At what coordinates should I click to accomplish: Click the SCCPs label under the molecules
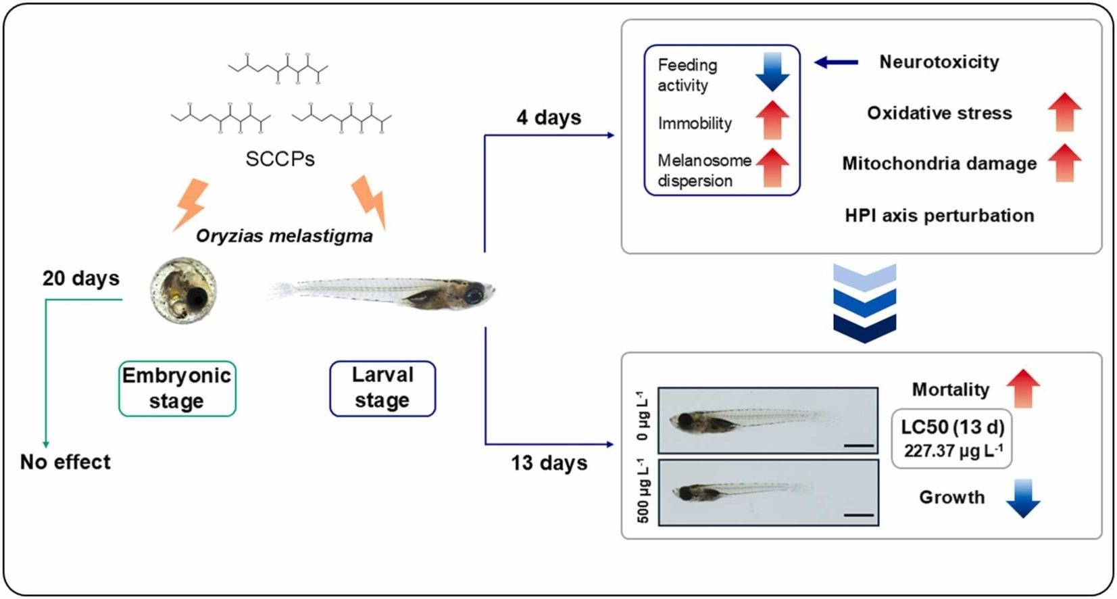click(280, 159)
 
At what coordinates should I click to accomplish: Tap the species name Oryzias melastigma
click(284, 236)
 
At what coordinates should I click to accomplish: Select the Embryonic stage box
click(177, 388)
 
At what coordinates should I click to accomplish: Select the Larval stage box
click(382, 388)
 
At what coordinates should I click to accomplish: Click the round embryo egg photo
click(183, 290)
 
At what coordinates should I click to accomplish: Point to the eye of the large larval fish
click(474, 294)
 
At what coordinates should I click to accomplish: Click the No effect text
click(65, 462)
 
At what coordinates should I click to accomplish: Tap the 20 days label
click(80, 278)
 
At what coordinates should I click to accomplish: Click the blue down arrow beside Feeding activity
click(772, 72)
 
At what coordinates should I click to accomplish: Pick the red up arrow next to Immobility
click(772, 120)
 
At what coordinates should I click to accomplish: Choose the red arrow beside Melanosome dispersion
click(772, 167)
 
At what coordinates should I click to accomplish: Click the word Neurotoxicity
click(939, 62)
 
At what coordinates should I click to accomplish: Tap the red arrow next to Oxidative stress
click(1064, 112)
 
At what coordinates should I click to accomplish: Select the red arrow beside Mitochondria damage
click(1064, 162)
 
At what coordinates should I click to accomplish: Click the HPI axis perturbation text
click(939, 216)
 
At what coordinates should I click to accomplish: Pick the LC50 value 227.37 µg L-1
click(952, 450)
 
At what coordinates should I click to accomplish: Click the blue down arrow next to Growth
click(1022, 498)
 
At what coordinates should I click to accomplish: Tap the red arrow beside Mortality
click(1022, 388)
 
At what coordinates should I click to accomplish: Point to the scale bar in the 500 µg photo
click(858, 514)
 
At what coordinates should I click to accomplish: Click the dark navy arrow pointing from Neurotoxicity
click(836, 63)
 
